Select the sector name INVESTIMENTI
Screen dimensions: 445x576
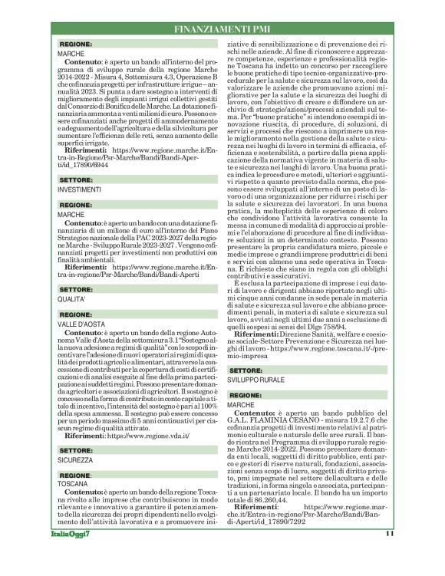tap(79, 189)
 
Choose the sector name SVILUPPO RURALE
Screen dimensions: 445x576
tap(261, 380)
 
